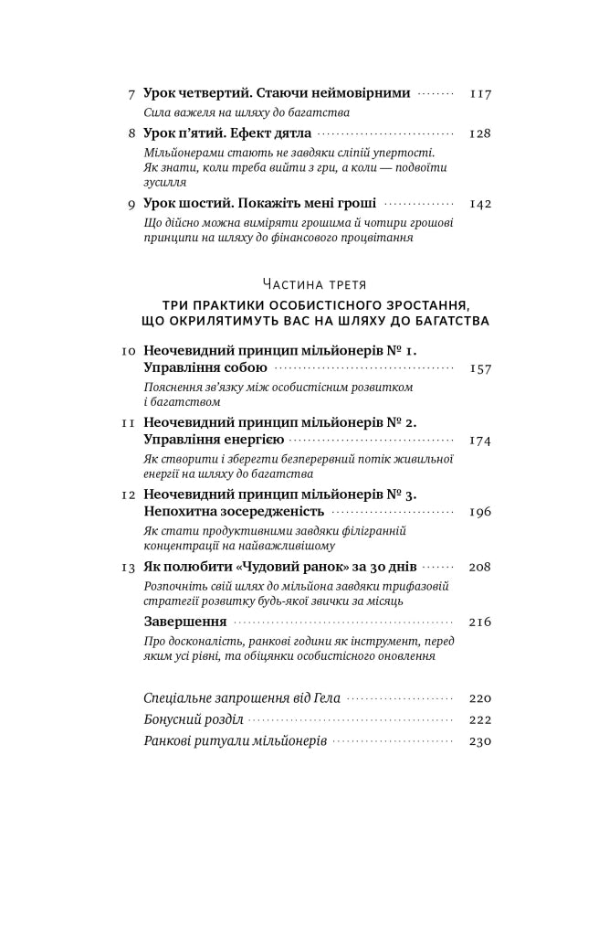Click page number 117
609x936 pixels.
pos(480,93)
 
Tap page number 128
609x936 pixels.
pos(480,133)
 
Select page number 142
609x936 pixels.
pos(480,204)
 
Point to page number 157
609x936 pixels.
pos(480,368)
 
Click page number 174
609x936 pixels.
pos(480,440)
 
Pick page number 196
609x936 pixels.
pos(480,512)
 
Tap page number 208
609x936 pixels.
pos(480,567)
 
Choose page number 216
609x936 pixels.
pos(480,622)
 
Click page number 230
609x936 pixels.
pos(480,740)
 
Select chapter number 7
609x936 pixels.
pos(132,93)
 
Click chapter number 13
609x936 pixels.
pos(129,567)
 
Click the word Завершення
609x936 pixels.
pos(185,622)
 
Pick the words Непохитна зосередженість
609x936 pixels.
pos(234,512)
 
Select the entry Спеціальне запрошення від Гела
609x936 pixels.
pos(242,698)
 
